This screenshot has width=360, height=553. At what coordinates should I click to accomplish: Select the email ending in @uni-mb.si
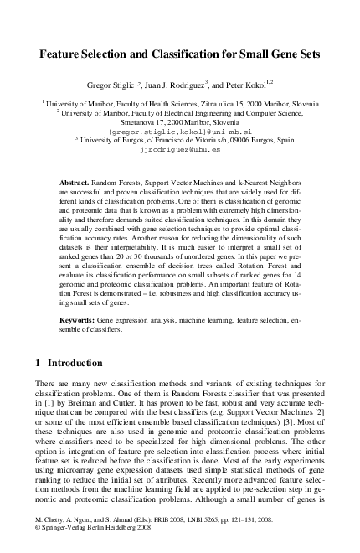click(179, 132)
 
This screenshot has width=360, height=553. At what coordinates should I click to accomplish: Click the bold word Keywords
click(78, 322)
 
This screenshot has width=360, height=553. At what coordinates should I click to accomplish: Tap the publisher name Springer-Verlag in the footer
click(66, 540)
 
